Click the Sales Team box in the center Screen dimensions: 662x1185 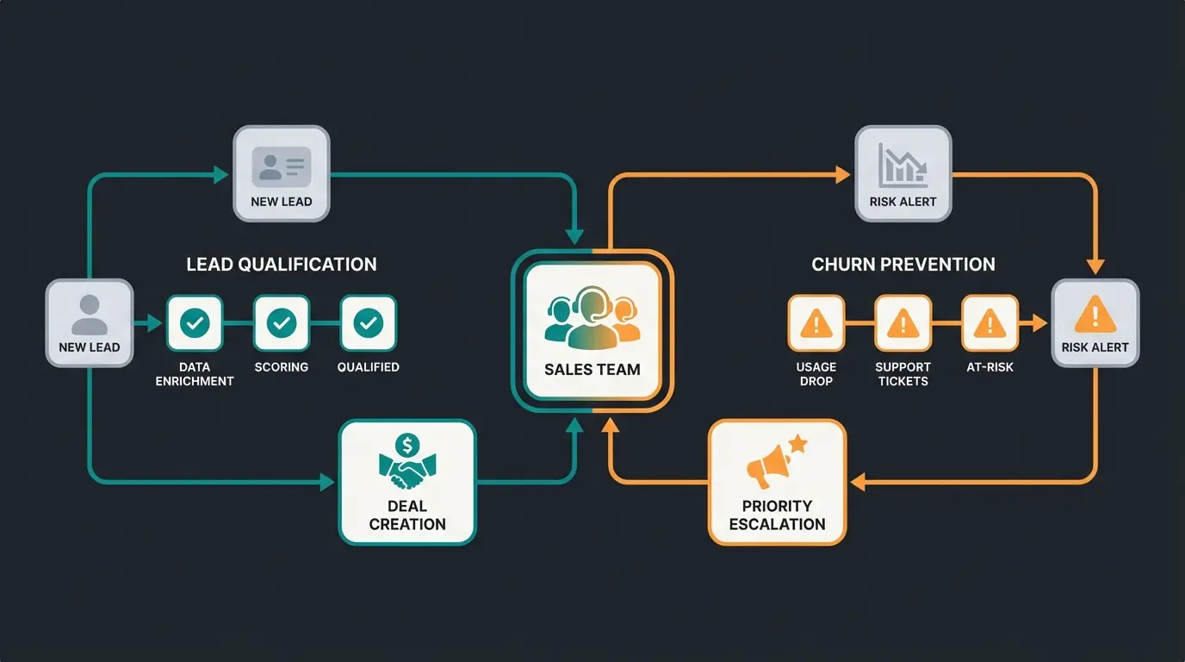592,331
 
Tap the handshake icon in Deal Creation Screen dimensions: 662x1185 407,472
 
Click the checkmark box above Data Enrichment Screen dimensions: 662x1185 195,323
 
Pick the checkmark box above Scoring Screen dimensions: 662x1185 282,323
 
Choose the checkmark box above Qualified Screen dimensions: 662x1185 369,323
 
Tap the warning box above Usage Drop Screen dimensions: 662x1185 816,323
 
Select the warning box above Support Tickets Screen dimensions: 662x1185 903,323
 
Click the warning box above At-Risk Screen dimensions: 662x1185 990,323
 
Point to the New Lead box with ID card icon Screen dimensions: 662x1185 282,173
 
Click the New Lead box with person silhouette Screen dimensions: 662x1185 90,323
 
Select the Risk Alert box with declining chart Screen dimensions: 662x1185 903,173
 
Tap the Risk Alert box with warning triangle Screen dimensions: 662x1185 1095,323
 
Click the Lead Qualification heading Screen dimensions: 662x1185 282,265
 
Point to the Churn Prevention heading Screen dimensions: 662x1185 903,265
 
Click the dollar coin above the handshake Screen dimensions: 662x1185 407,446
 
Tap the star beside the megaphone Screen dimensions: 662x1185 797,445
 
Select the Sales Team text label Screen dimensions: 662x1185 592,370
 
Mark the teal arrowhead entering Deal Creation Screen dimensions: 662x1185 328,483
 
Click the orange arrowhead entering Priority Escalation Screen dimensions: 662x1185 856,483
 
